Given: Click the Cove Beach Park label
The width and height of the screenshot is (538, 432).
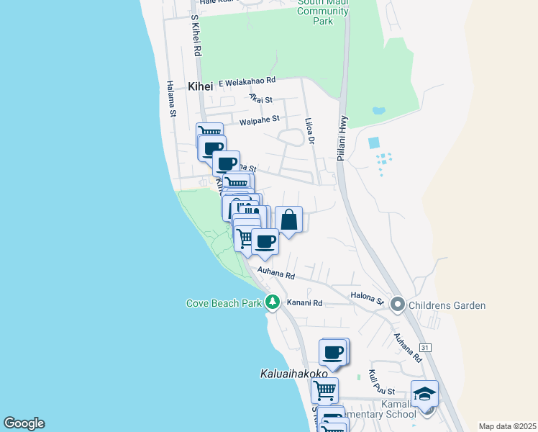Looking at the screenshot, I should [x=224, y=303].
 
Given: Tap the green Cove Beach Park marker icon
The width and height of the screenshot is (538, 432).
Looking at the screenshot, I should [x=272, y=302].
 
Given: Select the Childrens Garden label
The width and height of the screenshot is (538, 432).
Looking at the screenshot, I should [x=447, y=305].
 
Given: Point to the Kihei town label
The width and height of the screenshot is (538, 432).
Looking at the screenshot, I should [x=201, y=86].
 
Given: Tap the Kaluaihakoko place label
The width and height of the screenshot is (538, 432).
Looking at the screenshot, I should [x=293, y=374].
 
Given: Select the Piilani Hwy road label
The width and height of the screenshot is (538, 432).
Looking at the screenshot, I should [x=342, y=134].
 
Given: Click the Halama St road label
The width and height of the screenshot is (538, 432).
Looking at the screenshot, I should [x=172, y=99].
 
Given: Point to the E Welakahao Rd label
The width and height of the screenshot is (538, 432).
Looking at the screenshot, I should [x=247, y=81].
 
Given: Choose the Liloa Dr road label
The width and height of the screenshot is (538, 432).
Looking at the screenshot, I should [x=310, y=132].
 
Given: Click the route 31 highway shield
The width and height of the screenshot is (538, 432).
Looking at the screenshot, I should [x=426, y=348].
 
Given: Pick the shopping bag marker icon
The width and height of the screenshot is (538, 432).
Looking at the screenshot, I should [x=288, y=220].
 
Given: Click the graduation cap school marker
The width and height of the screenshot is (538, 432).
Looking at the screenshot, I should [x=425, y=394].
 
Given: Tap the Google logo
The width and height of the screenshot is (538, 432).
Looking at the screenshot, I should [x=24, y=423].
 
